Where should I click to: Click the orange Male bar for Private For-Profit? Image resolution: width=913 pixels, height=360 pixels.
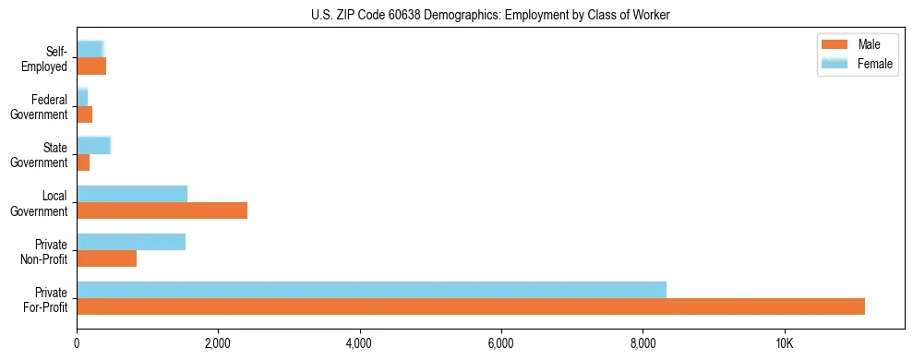coord(471,306)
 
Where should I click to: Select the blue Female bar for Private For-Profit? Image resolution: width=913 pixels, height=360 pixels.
coord(371,290)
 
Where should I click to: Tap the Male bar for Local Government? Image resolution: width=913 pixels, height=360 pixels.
coord(162,210)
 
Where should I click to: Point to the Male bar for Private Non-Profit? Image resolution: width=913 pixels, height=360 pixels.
coord(106,258)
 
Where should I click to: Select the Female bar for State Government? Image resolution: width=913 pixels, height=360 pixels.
coord(93,146)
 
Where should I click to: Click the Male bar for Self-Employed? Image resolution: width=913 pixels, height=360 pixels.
coord(91,66)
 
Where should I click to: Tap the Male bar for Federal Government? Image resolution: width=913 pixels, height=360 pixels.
coord(84,114)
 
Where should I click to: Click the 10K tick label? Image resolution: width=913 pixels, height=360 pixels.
coord(784,343)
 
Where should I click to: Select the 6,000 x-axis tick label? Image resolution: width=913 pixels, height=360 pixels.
coord(501,343)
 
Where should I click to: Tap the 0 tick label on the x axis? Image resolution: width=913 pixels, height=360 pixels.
coord(77,343)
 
